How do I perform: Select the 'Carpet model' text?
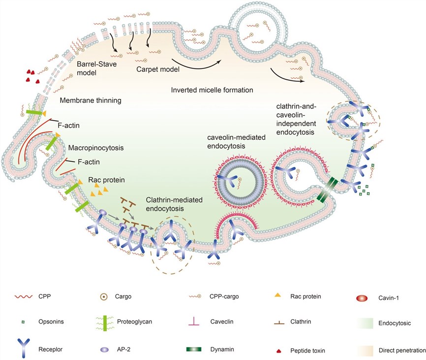pyautogui.click(x=157, y=69)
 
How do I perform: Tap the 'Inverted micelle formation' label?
pyautogui.click(x=212, y=90)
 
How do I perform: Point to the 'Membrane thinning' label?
pyautogui.click(x=91, y=100)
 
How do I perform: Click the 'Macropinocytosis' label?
pyautogui.click(x=88, y=147)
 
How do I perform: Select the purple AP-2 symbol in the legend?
pyautogui.click(x=106, y=349)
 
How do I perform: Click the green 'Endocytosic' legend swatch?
pyautogui.click(x=363, y=323)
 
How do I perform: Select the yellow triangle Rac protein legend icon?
pyautogui.click(x=277, y=295)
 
